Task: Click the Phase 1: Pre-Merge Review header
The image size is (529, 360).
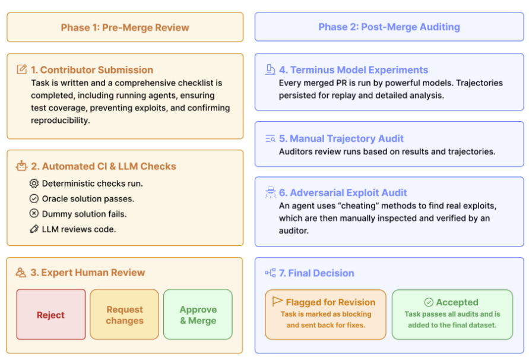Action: click(x=125, y=27)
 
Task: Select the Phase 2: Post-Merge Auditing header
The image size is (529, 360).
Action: click(x=389, y=27)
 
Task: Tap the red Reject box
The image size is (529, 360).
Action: click(x=51, y=315)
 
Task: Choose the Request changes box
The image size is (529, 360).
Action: click(x=125, y=315)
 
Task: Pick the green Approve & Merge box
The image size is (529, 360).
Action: click(x=198, y=315)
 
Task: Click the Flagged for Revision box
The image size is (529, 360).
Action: click(x=325, y=314)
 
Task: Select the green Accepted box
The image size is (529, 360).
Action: click(x=452, y=314)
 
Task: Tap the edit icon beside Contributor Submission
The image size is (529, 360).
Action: click(x=22, y=70)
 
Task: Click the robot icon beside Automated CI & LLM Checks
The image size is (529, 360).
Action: click(x=22, y=166)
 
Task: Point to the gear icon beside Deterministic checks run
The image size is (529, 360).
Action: click(x=34, y=184)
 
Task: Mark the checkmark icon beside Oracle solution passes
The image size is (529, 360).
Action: click(x=34, y=198)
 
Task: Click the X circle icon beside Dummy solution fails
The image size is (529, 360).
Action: click(x=34, y=213)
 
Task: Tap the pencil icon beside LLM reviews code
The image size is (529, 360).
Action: click(x=34, y=229)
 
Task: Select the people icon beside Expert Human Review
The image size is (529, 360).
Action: click(x=21, y=273)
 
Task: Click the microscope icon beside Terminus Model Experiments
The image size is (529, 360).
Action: click(x=270, y=70)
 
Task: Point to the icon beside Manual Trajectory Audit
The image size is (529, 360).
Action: click(x=270, y=139)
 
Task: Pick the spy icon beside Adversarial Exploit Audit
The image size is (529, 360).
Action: click(x=270, y=192)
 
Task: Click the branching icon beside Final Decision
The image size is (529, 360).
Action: click(x=270, y=273)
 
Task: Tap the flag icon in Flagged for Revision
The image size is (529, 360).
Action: click(x=277, y=302)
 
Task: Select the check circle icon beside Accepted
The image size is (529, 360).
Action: click(x=429, y=302)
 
